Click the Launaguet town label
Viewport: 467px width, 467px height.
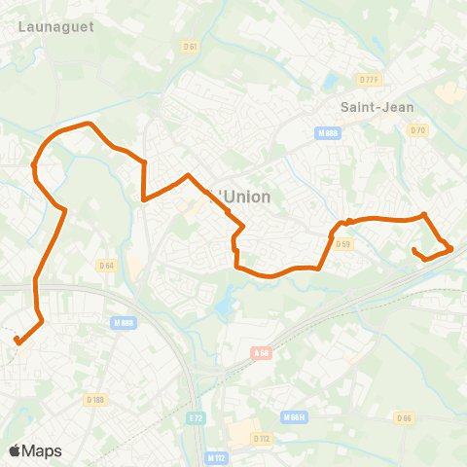point(56,27)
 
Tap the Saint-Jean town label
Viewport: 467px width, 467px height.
point(367,106)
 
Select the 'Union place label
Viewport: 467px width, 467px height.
point(244,197)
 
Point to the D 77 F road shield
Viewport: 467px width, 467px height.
point(368,80)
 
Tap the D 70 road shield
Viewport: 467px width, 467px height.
point(418,129)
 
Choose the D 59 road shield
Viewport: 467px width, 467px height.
point(342,244)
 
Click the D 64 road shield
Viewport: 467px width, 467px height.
point(106,265)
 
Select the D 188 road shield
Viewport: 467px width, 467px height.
point(95,399)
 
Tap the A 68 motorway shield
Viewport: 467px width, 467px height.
point(260,352)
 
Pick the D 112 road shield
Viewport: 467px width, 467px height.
point(261,439)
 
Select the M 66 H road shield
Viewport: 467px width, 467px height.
point(294,417)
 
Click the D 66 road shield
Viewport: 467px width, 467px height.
point(405,417)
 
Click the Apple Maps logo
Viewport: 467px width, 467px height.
point(35,450)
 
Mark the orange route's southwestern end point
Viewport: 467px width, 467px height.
point(18,340)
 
